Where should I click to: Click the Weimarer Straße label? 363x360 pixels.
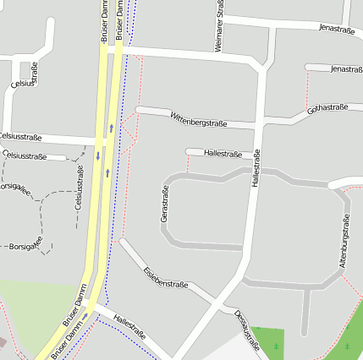[219, 27]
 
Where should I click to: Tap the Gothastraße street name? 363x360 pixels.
[328, 108]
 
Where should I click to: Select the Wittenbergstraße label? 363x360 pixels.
[198, 119]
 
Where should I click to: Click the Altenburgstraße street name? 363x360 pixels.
[344, 242]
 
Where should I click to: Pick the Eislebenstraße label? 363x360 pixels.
[165, 278]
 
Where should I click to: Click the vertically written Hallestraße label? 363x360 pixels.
[256, 170]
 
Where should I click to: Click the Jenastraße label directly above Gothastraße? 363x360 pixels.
[347, 68]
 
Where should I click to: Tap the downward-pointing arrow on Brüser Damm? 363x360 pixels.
[98, 155]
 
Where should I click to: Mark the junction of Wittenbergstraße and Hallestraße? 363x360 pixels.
[260, 126]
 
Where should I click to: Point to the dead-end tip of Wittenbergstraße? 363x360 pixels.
[138, 109]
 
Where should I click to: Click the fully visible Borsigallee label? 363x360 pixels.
[25, 247]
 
